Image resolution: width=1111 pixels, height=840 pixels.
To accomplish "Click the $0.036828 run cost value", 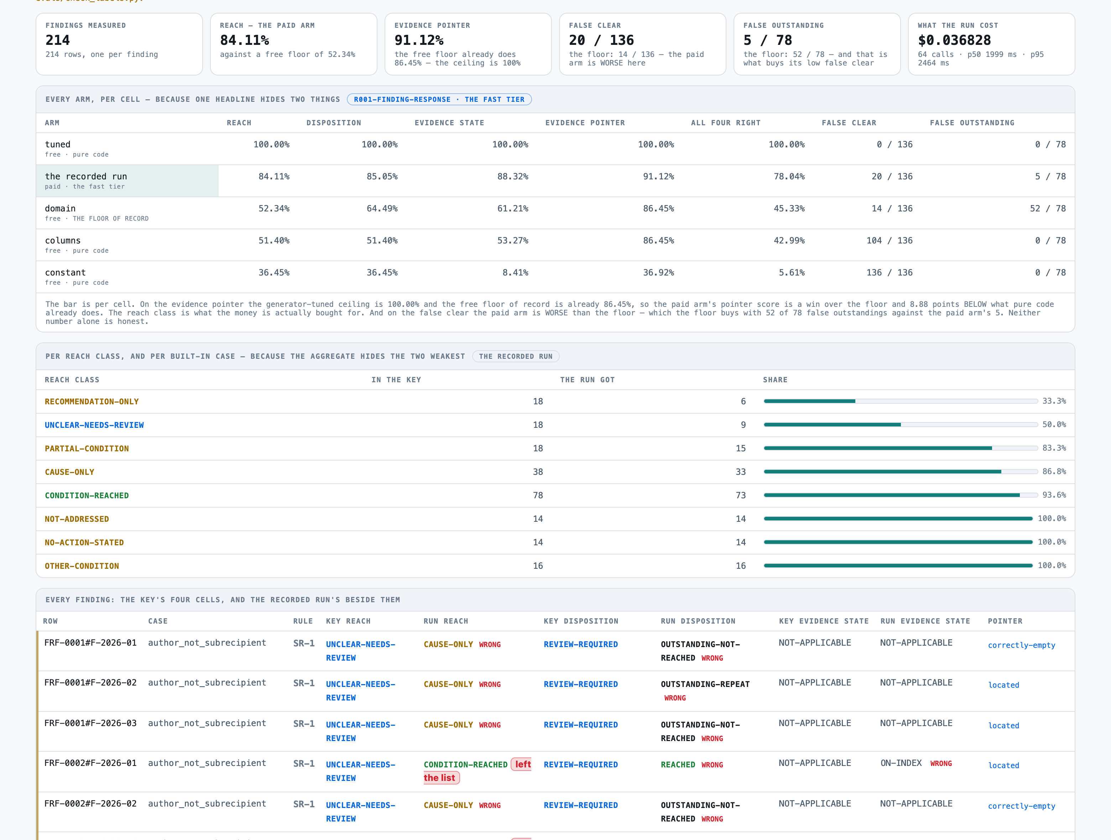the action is pos(954,40).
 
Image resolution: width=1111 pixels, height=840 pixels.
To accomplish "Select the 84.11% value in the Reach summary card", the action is pos(245,40).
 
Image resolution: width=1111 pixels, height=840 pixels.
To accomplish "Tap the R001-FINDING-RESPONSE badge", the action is pos(439,99).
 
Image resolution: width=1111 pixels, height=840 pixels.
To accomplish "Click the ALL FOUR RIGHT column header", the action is pos(726,123).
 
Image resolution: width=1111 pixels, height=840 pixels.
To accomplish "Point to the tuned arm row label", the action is pos(58,145).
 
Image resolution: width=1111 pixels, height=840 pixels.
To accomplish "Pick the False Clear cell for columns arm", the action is pos(890,241).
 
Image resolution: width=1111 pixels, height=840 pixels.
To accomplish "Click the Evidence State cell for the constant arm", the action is pos(515,273).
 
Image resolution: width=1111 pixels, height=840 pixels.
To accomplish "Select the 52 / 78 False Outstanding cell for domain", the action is pos(1048,208).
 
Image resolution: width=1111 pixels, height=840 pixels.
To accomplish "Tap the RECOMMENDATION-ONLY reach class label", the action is pos(92,402).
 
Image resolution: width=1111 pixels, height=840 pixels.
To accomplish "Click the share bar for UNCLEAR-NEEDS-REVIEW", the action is pos(901,425).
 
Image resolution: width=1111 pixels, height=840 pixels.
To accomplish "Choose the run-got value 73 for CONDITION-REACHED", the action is pos(741,495).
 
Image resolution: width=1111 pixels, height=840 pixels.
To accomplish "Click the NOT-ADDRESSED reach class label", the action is pos(77,519).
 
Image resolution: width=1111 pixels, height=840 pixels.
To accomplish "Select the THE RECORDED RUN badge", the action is pos(516,357).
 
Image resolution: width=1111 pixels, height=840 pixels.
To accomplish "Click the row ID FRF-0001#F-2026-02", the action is pos(90,683).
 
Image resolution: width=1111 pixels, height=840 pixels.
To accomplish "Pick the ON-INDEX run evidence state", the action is pos(901,763).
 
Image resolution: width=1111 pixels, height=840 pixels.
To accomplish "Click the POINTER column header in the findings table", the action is pos(1005,621).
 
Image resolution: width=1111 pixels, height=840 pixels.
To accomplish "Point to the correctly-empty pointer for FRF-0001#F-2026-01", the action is pos(1022,645).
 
